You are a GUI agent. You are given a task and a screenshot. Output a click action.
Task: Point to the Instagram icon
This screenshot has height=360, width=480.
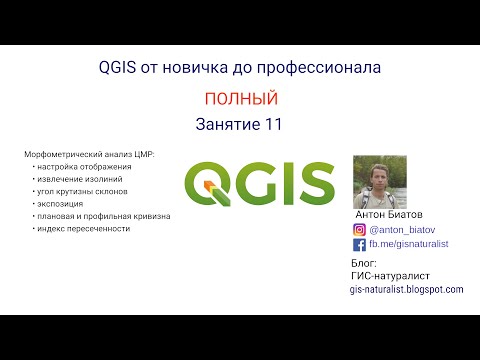360,229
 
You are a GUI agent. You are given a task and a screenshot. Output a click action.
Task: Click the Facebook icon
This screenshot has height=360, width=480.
360,243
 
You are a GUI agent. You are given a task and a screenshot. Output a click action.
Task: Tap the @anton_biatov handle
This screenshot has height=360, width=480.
401,229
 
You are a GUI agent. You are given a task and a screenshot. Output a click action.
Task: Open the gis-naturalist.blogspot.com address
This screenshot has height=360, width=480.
406,288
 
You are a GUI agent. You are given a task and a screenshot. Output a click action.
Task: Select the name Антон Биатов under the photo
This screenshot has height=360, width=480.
390,215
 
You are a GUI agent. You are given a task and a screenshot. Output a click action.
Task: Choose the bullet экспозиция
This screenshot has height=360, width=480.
62,203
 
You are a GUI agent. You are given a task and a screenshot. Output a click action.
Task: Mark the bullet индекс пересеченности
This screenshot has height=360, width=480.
84,228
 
